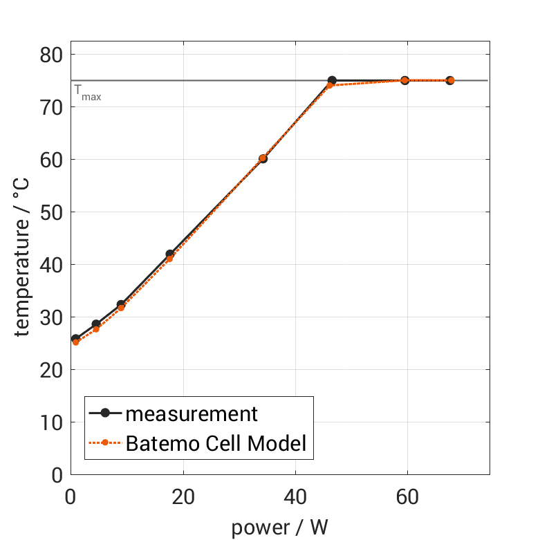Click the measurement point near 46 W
(x=332, y=81)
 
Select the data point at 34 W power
(x=263, y=158)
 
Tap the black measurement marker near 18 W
(x=170, y=254)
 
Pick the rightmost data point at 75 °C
(x=450, y=80)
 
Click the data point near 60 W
(x=405, y=80)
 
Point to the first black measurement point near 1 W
(x=75, y=339)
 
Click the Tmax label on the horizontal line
(x=87, y=93)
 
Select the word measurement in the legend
(x=192, y=413)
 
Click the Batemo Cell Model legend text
(x=216, y=443)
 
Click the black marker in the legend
(x=105, y=413)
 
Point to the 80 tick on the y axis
(x=51, y=55)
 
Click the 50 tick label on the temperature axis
(x=51, y=212)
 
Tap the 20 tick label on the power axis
(x=183, y=498)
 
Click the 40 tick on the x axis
(x=295, y=498)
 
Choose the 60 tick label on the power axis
(x=407, y=498)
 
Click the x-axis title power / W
(x=279, y=528)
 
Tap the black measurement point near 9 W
(x=121, y=305)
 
